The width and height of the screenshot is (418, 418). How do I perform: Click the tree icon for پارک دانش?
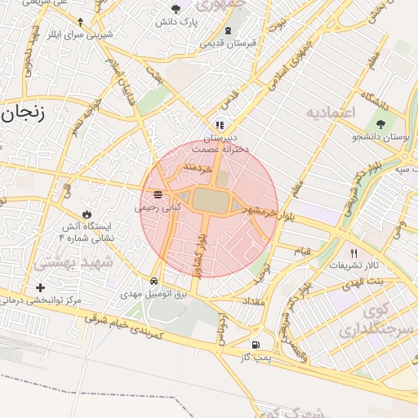click(176, 9)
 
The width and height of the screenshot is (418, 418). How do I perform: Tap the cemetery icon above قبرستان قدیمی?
click(228, 31)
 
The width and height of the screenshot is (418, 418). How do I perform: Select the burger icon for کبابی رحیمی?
click(158, 194)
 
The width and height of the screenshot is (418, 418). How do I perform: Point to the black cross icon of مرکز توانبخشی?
click(41, 287)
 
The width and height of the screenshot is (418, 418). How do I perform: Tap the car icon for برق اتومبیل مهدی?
click(154, 280)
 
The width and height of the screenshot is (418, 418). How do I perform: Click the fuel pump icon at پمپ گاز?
click(256, 345)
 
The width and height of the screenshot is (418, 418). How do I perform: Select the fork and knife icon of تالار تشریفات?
click(354, 253)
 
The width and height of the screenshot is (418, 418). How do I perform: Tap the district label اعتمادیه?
click(331, 112)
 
